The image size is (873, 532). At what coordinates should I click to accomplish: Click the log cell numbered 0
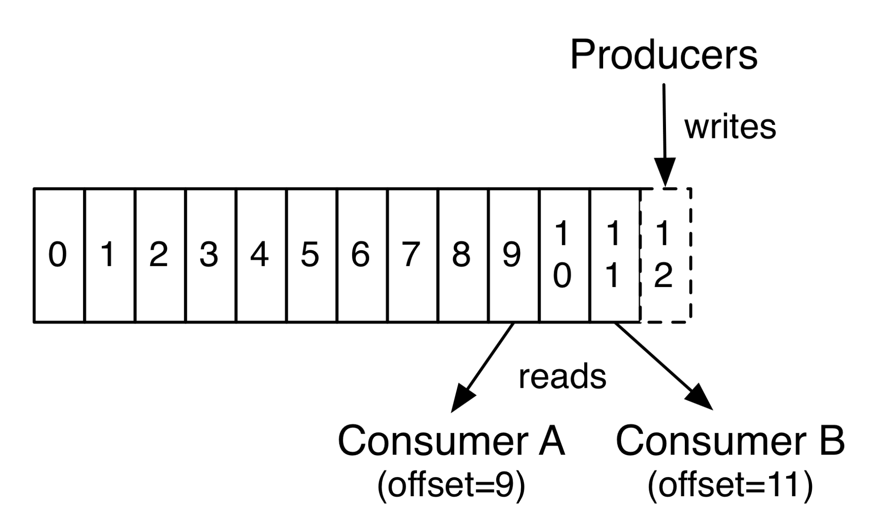59,255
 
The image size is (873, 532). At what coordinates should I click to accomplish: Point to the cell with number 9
514,255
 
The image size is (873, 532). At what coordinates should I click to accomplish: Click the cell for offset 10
564,255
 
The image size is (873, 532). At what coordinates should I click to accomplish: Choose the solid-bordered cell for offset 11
615,255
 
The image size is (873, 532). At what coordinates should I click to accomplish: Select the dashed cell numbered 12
665,255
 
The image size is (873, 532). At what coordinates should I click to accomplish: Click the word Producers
663,55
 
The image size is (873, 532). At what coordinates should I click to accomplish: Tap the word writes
730,127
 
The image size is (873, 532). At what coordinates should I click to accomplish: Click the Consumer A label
451,441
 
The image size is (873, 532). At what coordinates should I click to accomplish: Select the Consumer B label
730,441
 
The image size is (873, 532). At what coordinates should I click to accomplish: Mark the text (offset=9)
451,484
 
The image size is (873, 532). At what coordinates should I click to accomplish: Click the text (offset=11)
730,484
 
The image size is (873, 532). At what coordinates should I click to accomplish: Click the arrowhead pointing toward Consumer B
700,397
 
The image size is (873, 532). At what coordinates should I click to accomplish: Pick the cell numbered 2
159,255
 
